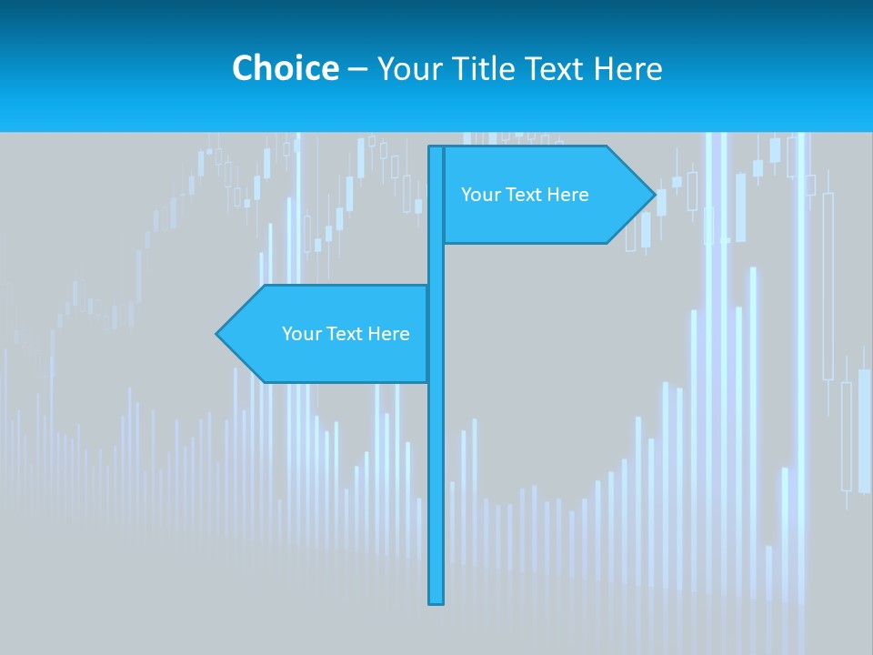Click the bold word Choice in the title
click(285, 68)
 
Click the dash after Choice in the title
click(357, 69)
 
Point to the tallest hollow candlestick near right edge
click(828, 287)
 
